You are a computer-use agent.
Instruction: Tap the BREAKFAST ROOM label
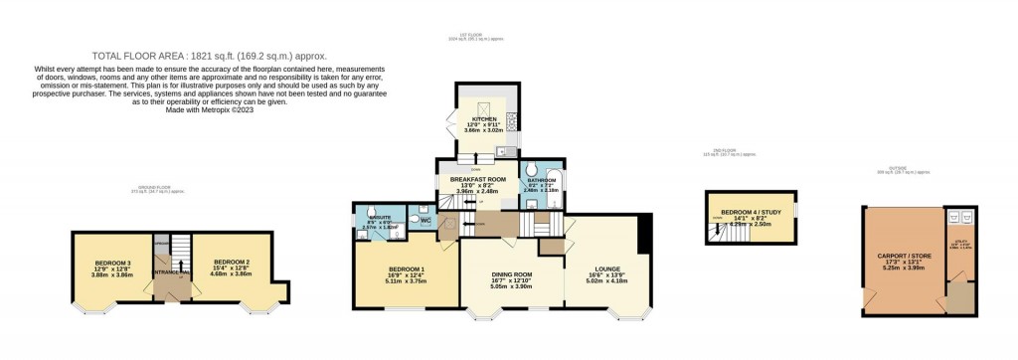[x=478, y=180]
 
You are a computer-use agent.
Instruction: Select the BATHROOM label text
[x=542, y=180]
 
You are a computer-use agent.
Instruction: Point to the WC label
[x=424, y=219]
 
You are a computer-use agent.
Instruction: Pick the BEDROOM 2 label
[x=229, y=263]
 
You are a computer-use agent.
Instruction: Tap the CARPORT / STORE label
[x=904, y=253]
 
